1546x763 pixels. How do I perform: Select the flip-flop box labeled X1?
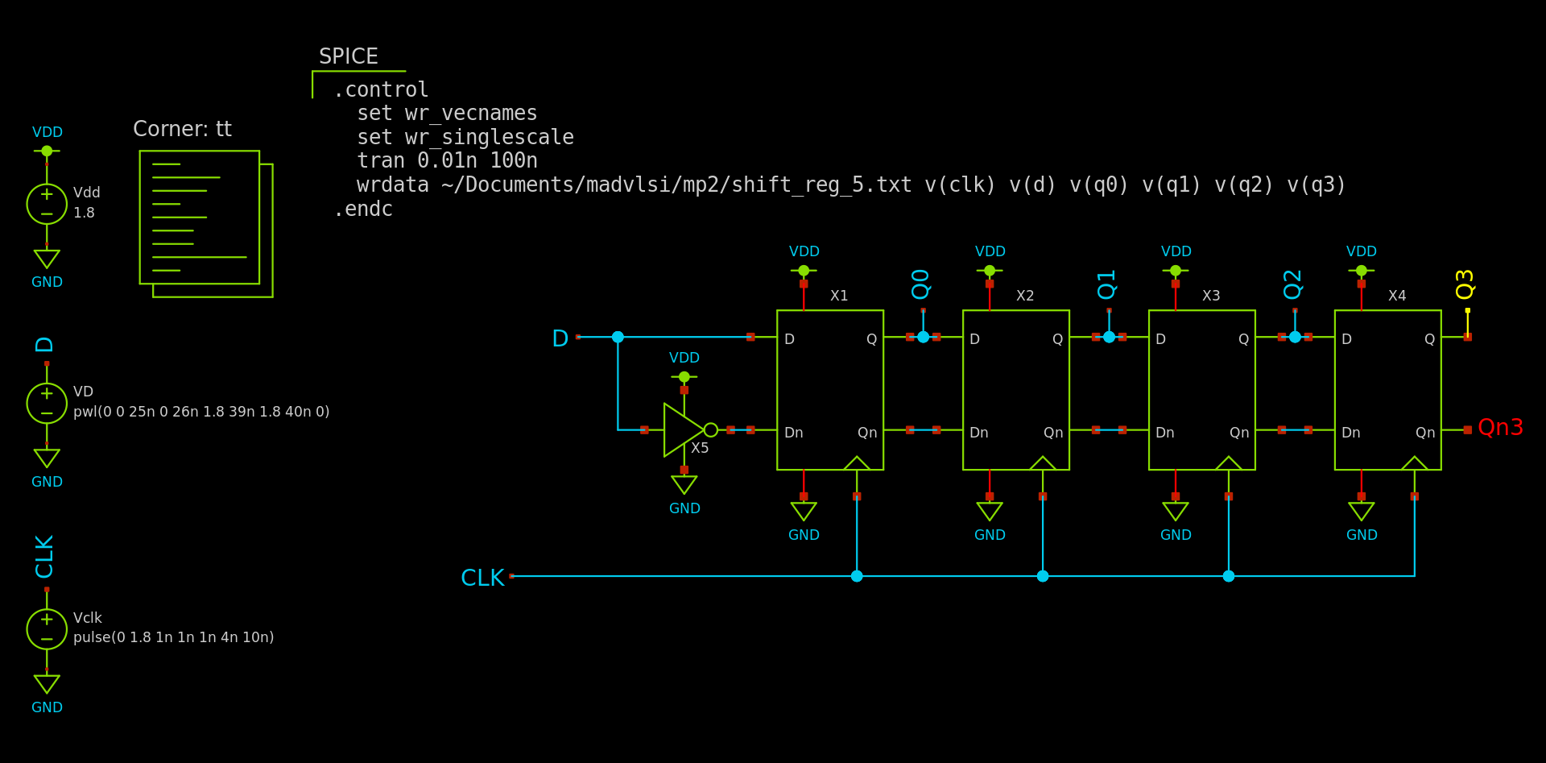click(x=829, y=389)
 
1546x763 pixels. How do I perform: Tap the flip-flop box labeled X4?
click(x=1387, y=389)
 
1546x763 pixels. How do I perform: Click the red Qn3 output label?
click(x=1500, y=427)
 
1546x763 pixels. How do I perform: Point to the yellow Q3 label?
click(x=1465, y=284)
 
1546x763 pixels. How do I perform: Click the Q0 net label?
click(x=920, y=284)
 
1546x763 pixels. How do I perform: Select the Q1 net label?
click(x=1106, y=284)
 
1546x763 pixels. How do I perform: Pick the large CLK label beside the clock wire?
click(x=482, y=578)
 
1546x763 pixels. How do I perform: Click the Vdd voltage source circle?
click(x=47, y=203)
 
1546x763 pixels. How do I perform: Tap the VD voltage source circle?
click(x=47, y=403)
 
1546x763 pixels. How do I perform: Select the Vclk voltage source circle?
click(x=47, y=628)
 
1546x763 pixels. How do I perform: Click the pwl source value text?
click(x=201, y=412)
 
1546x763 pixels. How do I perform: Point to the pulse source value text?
click(x=173, y=637)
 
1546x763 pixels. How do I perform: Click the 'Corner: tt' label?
click(x=182, y=129)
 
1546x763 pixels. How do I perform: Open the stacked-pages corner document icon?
click(x=205, y=222)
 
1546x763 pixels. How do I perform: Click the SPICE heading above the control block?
click(x=348, y=56)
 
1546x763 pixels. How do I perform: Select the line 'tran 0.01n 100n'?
click(x=447, y=161)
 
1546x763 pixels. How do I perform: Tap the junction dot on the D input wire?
click(x=618, y=337)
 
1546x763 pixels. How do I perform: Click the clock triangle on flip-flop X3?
click(x=1228, y=463)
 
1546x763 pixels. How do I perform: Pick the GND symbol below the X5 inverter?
click(x=684, y=484)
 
